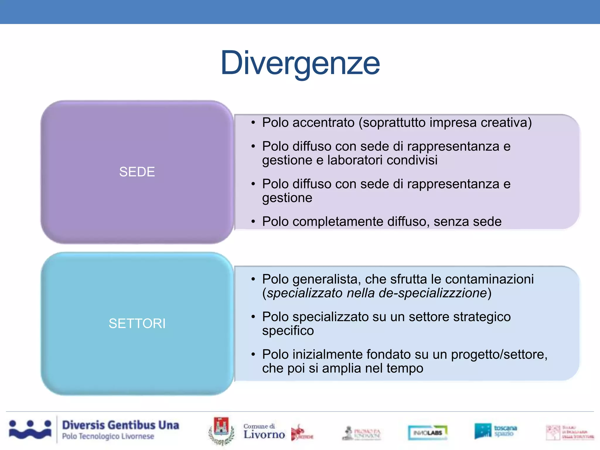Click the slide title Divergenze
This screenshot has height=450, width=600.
(300, 63)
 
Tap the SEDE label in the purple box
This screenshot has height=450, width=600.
(137, 172)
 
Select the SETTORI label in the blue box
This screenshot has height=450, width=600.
(137, 323)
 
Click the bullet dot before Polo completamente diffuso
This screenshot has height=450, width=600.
(253, 222)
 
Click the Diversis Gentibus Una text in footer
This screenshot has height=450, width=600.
(120, 425)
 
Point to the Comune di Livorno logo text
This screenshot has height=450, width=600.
(264, 432)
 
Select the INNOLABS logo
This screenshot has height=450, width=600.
(428, 432)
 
